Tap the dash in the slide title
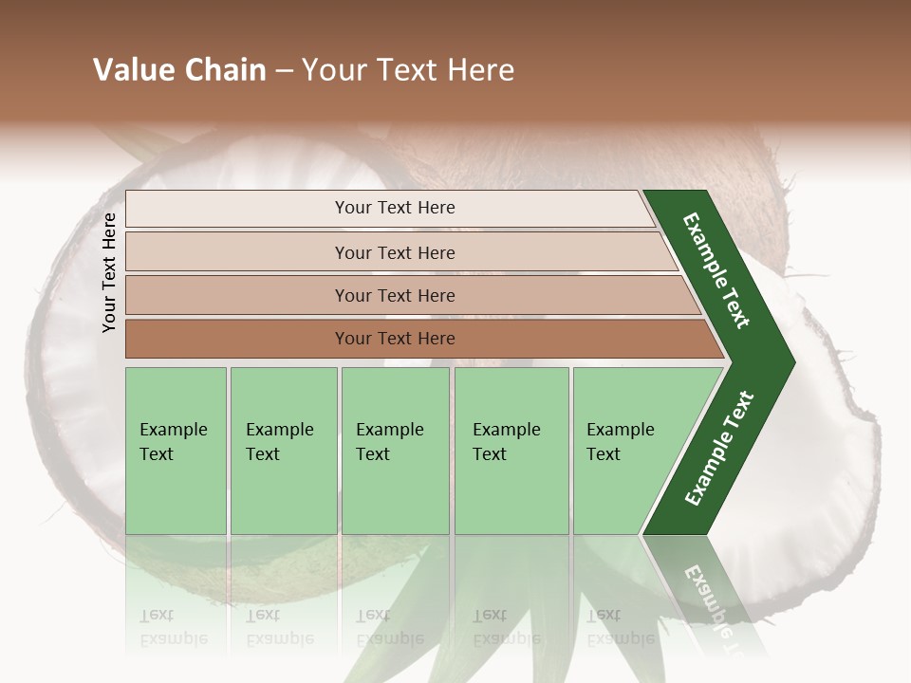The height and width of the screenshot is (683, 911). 284,71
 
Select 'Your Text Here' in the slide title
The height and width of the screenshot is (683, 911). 408,70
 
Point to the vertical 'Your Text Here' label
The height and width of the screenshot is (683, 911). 109,273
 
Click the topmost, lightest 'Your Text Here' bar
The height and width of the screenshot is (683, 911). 394,208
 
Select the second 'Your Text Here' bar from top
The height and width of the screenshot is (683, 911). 394,252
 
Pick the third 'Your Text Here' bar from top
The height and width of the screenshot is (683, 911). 394,295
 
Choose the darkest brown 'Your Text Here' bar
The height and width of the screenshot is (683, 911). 394,339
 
